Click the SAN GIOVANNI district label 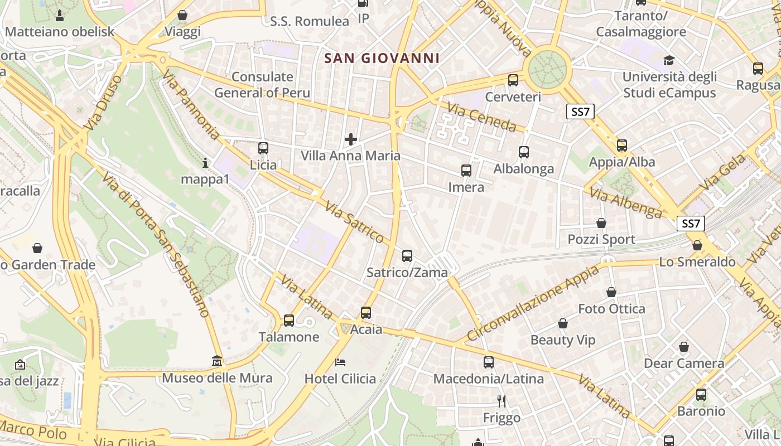tap(382, 58)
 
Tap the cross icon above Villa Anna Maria tap(351, 139)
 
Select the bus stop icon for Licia tap(263, 148)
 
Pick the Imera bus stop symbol tap(466, 171)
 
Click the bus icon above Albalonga tap(524, 152)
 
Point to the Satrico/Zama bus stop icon tap(407, 256)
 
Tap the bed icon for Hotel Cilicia tap(340, 362)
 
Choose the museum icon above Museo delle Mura tap(217, 361)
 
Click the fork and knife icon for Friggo tap(502, 400)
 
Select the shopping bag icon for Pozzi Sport tap(601, 223)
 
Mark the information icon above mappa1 tap(205, 163)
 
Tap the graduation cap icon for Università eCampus tap(669, 60)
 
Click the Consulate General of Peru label tap(262, 85)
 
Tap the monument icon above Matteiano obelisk tap(60, 15)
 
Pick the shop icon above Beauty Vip tap(563, 323)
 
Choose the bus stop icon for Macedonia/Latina tap(489, 362)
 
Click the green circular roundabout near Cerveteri tap(548, 69)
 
